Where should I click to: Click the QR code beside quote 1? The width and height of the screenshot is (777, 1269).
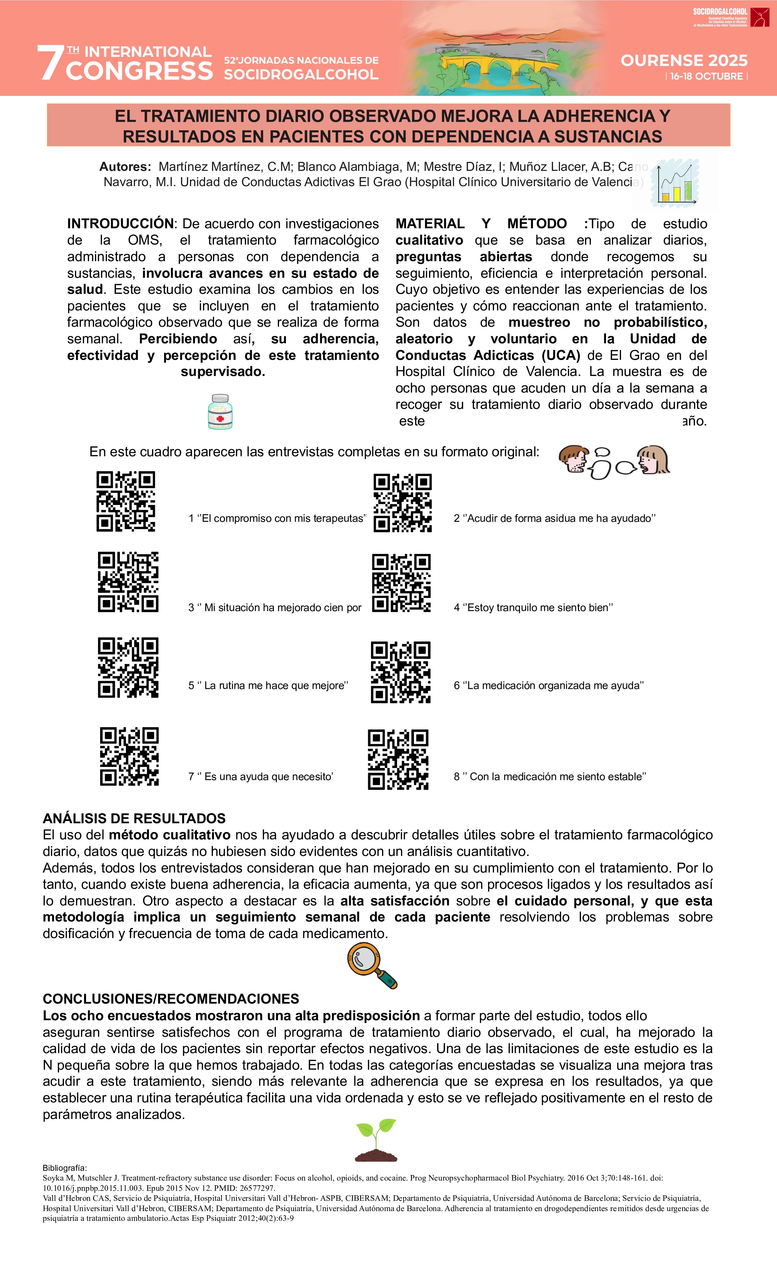126,501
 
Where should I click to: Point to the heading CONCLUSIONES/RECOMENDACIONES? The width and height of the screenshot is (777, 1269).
170,999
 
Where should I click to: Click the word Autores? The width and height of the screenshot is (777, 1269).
125,167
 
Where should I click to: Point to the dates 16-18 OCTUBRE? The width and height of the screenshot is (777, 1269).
706,76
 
